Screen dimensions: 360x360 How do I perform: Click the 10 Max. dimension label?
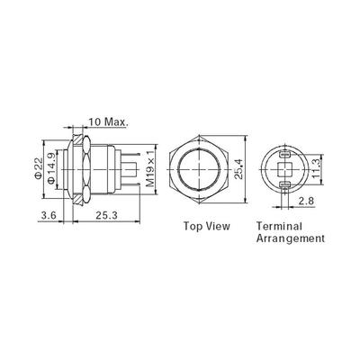coord(108,121)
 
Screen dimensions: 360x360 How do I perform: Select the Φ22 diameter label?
coord(39,169)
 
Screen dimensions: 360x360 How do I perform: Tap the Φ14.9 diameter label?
coord(51,169)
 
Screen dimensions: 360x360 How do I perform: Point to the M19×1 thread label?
coord(151,169)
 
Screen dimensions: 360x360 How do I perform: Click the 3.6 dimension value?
coord(49,215)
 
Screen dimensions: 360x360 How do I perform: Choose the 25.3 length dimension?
coord(106,215)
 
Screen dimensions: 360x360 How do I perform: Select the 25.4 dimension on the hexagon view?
coord(238,169)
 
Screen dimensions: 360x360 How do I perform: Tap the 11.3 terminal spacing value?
coord(316,169)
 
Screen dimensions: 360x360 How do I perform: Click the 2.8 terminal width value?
coord(306,201)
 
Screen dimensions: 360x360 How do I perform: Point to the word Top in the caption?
coord(193,227)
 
